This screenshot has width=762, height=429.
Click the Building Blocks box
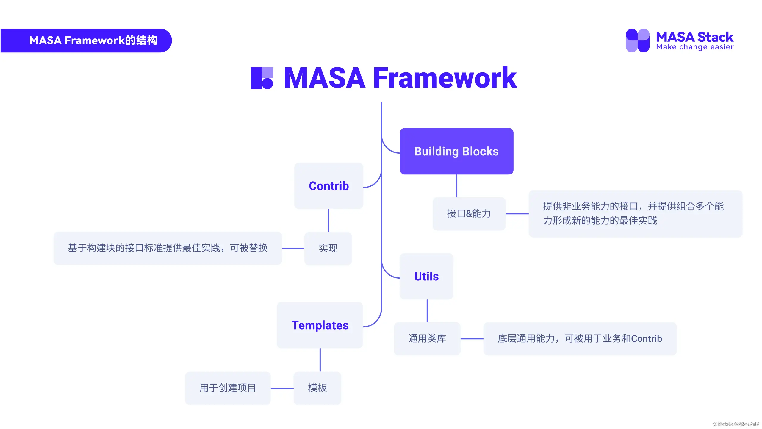pyautogui.click(x=456, y=151)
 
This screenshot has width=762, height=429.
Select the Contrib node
pyautogui.click(x=328, y=186)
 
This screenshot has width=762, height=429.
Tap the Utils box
pyautogui.click(x=426, y=276)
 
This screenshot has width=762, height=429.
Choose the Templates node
pyautogui.click(x=320, y=325)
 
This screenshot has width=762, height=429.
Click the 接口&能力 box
pyautogui.click(x=469, y=213)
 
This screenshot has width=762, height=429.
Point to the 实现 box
pyautogui.click(x=328, y=248)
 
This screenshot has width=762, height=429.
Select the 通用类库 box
pyautogui.click(x=427, y=338)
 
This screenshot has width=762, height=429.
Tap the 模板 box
pyautogui.click(x=317, y=388)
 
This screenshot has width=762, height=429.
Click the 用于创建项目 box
pyautogui.click(x=228, y=388)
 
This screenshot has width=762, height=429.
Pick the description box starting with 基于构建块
pyautogui.click(x=168, y=248)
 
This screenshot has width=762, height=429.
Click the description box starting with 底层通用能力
pyautogui.click(x=580, y=338)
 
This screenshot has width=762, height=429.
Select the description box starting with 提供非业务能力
pyautogui.click(x=635, y=213)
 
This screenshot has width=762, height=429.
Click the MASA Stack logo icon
pyautogui.click(x=637, y=40)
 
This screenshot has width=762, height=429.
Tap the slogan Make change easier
pyautogui.click(x=694, y=47)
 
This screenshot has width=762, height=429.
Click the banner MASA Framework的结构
pyautogui.click(x=93, y=40)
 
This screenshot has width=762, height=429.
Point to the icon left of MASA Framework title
pyautogui.click(x=262, y=78)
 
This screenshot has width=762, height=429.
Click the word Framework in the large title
pyautogui.click(x=445, y=78)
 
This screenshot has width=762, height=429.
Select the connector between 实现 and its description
pyautogui.click(x=293, y=248)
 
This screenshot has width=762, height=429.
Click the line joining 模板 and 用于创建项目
pyautogui.click(x=282, y=388)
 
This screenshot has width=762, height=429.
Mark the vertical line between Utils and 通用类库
pyautogui.click(x=427, y=311)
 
